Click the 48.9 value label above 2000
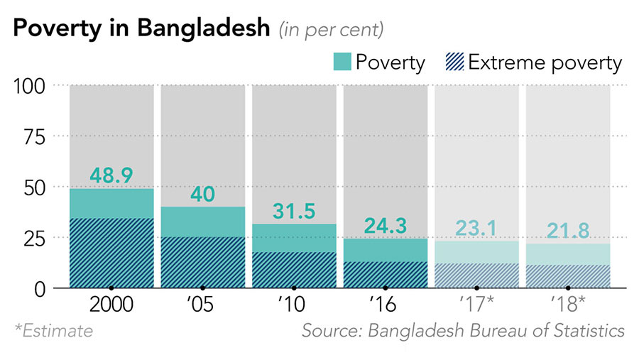pyautogui.click(x=111, y=175)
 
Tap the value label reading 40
pyautogui.click(x=202, y=193)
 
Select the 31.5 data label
pyautogui.click(x=294, y=211)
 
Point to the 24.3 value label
pyautogui.click(x=386, y=226)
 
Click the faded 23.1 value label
pyautogui.click(x=476, y=228)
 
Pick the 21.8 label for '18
pyautogui.click(x=568, y=231)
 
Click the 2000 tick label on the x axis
pyautogui.click(x=111, y=305)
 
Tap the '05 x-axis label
pyautogui.click(x=202, y=305)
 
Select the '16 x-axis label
pyautogui.click(x=386, y=305)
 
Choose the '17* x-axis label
pyautogui.click(x=476, y=305)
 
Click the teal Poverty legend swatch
pyautogui.click(x=342, y=62)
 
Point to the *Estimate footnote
pyautogui.click(x=53, y=331)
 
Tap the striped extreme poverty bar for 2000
pyautogui.click(x=111, y=252)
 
